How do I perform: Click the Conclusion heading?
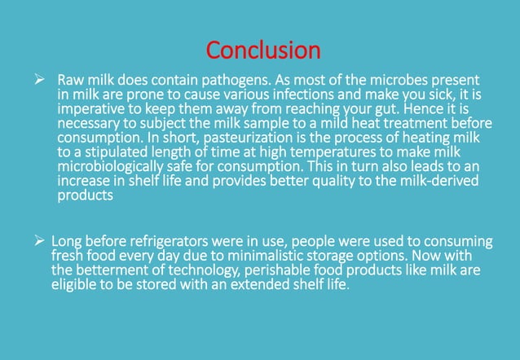point(263,50)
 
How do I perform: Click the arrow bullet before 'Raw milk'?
point(36,81)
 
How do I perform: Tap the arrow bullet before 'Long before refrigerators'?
point(36,242)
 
